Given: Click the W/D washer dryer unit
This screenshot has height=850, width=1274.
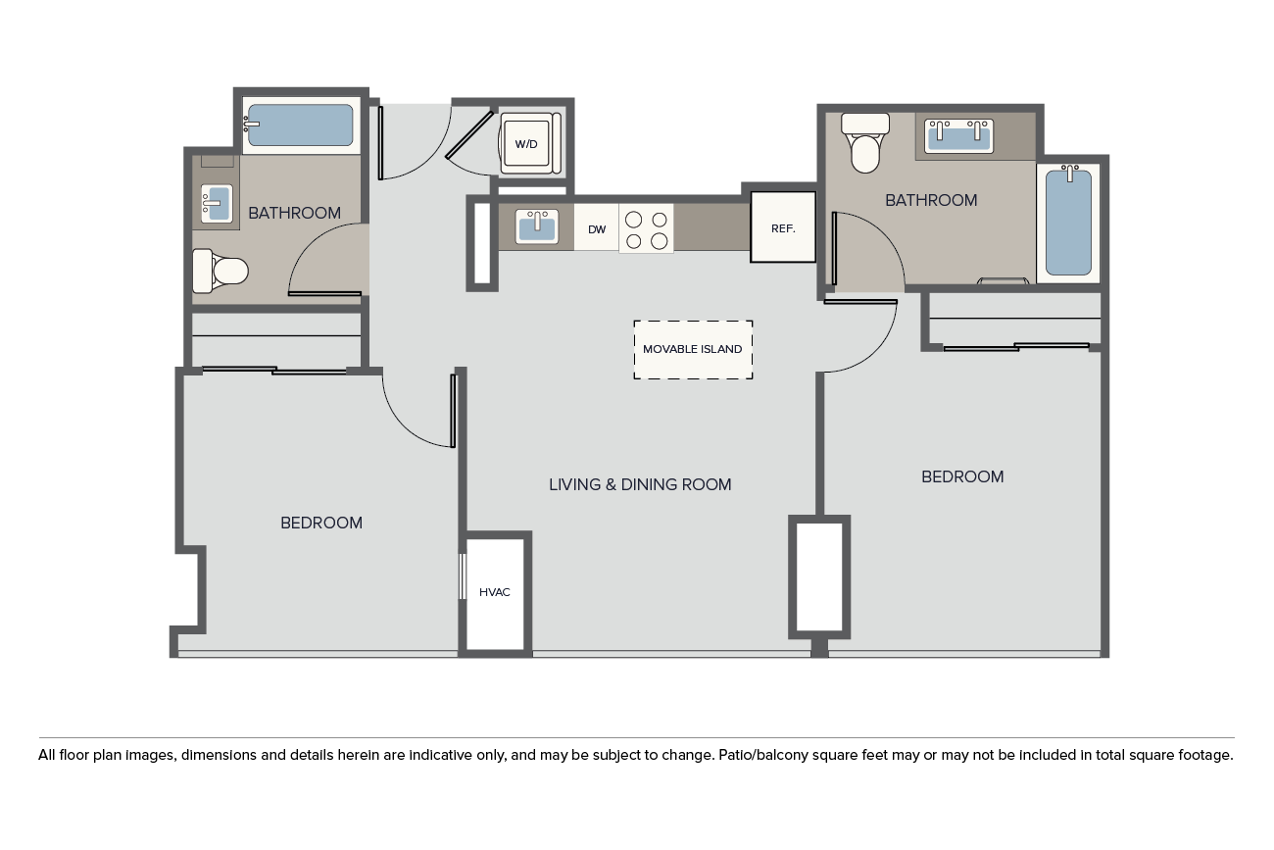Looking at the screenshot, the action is (530, 143).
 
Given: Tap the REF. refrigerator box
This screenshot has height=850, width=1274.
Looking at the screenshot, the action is (783, 227).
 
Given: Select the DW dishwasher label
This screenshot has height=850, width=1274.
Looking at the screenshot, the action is (597, 229).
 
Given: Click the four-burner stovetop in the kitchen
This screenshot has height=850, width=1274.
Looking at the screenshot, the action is (646, 228).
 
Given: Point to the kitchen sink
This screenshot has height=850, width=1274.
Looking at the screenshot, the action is (537, 226).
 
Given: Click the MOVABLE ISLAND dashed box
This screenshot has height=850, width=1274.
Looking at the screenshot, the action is (693, 349).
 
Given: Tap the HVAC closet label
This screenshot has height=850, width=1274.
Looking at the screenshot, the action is (494, 592).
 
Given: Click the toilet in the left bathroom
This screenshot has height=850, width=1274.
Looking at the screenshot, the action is (220, 271).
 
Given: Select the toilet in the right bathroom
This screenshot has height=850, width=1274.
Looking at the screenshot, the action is (864, 142).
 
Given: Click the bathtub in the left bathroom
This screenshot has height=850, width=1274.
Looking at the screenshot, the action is (300, 125).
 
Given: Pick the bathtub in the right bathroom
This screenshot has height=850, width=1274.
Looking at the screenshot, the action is (1068, 223).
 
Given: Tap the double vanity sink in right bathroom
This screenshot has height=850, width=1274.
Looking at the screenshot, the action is (958, 136).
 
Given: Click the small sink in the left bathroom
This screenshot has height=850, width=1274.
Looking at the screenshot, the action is (217, 203).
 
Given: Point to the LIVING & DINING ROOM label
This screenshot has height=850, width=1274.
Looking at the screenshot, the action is (640, 484).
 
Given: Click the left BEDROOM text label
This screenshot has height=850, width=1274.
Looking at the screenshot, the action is (321, 523).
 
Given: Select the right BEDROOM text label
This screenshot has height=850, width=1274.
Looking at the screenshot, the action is (962, 476).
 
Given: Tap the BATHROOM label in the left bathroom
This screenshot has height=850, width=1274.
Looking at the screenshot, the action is (295, 213).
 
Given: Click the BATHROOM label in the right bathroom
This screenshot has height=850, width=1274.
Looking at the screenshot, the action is (931, 200).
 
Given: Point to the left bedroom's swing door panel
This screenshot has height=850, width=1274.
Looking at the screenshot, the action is (454, 410).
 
